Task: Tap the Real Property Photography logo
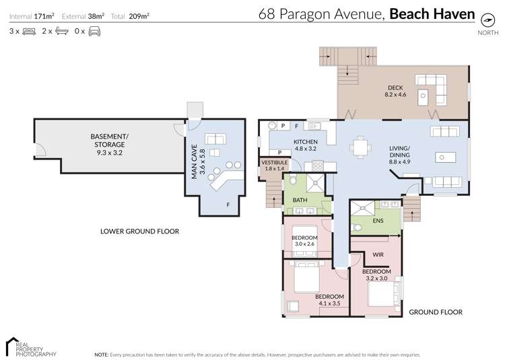coord(30,346)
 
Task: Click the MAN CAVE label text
coord(195,164)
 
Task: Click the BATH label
coord(300,200)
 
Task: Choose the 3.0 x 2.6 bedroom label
coord(305,241)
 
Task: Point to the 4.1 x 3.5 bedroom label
coord(330,300)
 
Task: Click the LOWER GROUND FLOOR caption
coord(139,231)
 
